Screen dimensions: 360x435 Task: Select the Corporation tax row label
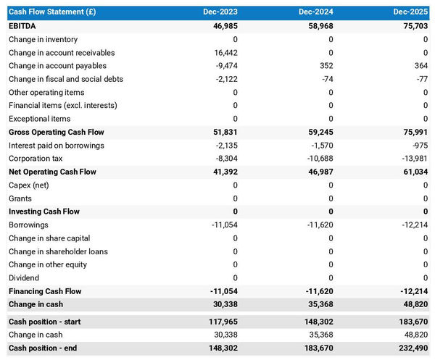click(36, 159)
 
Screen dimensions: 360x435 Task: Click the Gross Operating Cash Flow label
click(57, 133)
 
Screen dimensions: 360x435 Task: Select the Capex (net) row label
click(30, 185)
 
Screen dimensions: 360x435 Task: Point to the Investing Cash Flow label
click(44, 212)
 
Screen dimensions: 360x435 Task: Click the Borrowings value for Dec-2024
click(318, 225)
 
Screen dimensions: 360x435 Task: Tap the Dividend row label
click(25, 278)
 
